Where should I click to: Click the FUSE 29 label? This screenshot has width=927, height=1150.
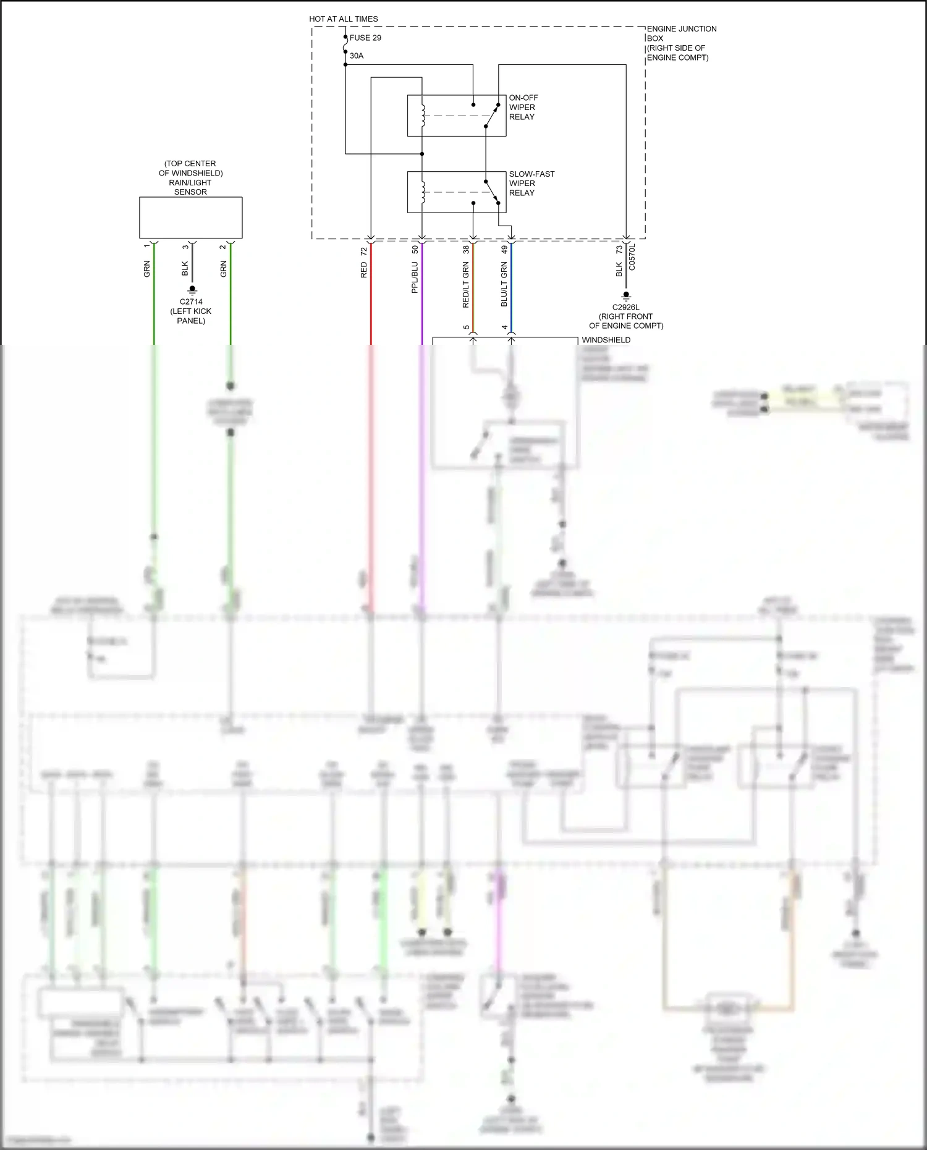tap(365, 38)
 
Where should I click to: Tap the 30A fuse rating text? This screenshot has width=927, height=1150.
tap(357, 56)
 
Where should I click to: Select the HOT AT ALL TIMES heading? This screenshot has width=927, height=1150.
tap(344, 19)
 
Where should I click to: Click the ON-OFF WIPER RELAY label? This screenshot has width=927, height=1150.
tap(523, 107)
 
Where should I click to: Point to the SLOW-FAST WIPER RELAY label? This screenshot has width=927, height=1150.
tap(531, 184)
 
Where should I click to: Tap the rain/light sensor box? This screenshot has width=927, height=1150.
tap(190, 218)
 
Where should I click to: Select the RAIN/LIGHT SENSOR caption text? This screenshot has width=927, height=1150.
tap(190, 178)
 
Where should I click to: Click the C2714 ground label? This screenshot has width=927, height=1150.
tap(191, 302)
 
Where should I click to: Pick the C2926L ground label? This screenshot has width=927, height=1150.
tap(626, 307)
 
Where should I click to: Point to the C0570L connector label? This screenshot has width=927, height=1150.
tap(632, 256)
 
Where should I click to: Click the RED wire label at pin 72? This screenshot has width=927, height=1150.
tap(364, 269)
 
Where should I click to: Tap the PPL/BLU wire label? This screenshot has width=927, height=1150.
tap(415, 277)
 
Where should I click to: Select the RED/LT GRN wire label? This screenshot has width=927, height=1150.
tap(466, 284)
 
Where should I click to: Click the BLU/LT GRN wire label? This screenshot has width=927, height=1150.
tap(504, 284)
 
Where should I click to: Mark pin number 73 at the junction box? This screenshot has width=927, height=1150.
tap(619, 250)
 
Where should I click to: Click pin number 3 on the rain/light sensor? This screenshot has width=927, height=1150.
tap(185, 247)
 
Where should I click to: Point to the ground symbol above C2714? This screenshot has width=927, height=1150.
tap(192, 289)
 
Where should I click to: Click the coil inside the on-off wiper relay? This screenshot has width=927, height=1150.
tap(423, 116)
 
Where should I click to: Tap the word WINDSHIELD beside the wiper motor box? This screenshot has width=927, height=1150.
tap(606, 340)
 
